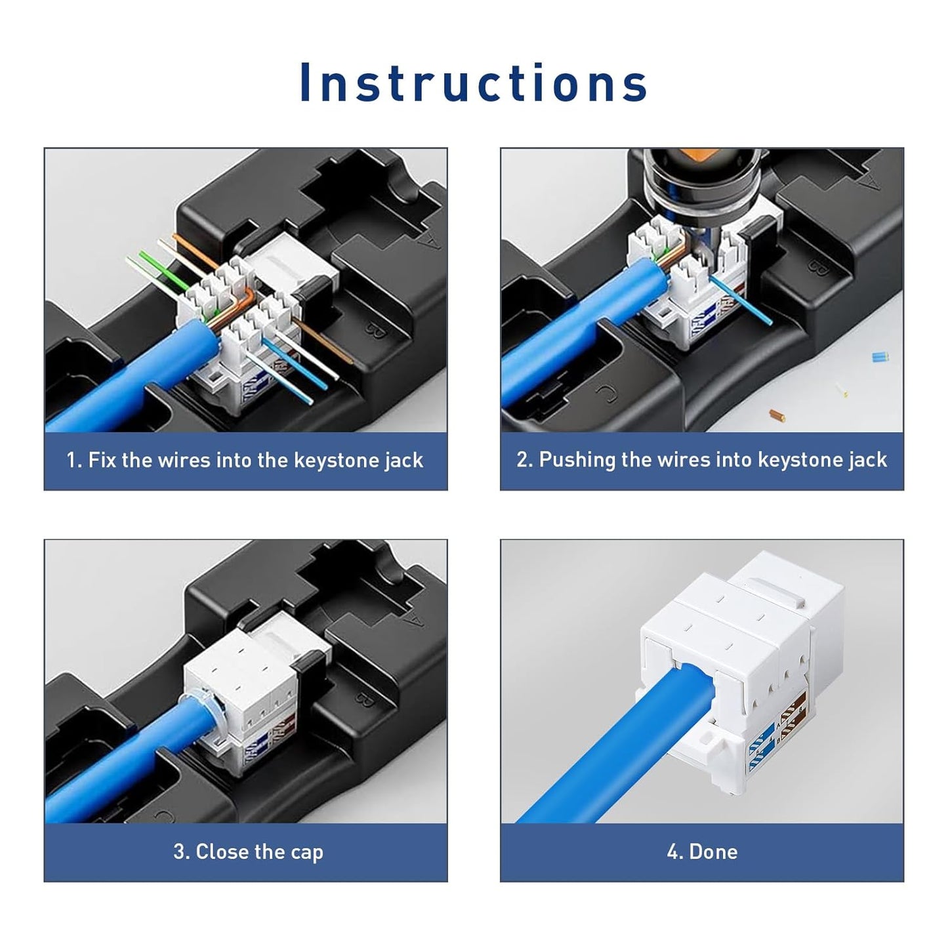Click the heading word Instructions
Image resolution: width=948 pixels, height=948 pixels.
[x=474, y=83]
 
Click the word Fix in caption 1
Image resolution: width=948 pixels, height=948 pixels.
[x=102, y=460]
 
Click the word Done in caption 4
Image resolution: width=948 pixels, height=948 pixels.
[x=713, y=852]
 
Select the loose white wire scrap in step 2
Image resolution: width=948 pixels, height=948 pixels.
[x=842, y=391]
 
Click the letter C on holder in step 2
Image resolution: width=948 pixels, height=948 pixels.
[x=606, y=394]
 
